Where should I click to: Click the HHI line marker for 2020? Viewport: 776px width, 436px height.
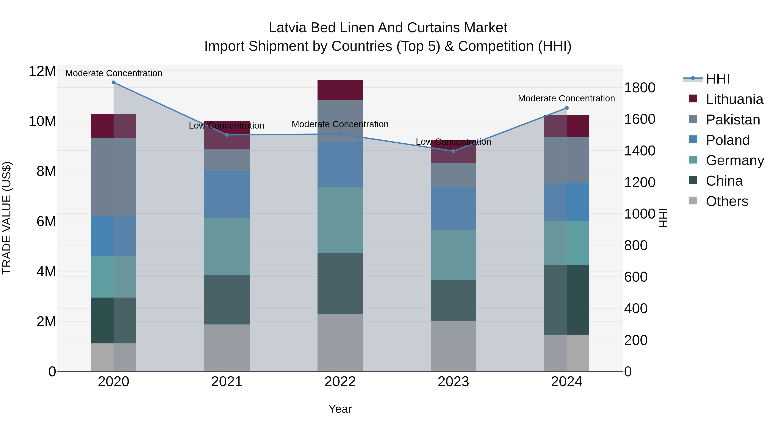pyautogui.click(x=114, y=82)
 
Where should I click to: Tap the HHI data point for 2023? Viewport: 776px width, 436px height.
pyautogui.click(x=453, y=151)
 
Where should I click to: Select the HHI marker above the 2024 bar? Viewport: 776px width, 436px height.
pyautogui.click(x=567, y=108)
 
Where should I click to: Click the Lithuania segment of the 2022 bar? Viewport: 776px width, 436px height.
pyautogui.click(x=340, y=90)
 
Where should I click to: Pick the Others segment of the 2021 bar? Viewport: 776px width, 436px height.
pyautogui.click(x=227, y=348)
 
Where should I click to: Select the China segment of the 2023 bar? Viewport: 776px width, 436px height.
pyautogui.click(x=453, y=300)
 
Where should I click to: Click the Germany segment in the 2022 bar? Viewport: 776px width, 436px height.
pyautogui.click(x=340, y=220)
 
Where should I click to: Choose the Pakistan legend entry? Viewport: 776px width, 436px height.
pyautogui.click(x=733, y=120)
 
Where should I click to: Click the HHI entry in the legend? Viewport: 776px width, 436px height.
pyautogui.click(x=718, y=79)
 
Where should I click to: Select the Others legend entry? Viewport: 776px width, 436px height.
pyautogui.click(x=727, y=201)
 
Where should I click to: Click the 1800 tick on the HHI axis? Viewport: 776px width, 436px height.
pyautogui.click(x=640, y=88)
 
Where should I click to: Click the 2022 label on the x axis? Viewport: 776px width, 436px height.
pyautogui.click(x=340, y=382)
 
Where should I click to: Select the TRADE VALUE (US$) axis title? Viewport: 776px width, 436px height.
pyautogui.click(x=7, y=218)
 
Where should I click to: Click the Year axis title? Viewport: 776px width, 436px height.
pyautogui.click(x=340, y=409)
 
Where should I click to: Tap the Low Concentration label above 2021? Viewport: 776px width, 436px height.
pyautogui.click(x=227, y=126)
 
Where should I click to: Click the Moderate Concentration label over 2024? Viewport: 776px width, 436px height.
pyautogui.click(x=566, y=98)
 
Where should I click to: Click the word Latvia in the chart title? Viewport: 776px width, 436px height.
pyautogui.click(x=288, y=28)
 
